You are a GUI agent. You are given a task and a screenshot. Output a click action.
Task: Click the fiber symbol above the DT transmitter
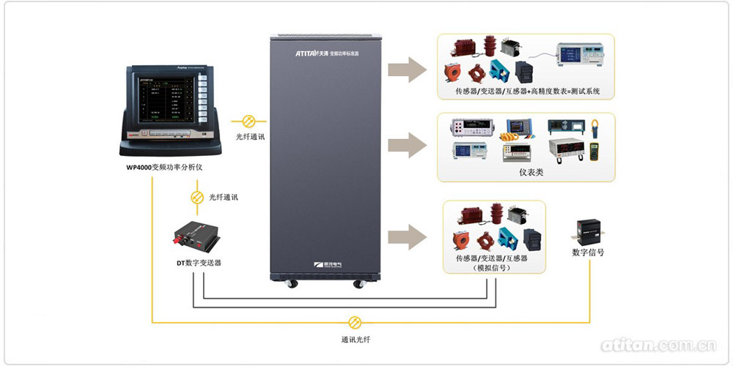(196, 198)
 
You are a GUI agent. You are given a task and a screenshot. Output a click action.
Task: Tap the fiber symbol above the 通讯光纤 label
(355, 322)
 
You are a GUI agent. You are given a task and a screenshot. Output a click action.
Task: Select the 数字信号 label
(588, 253)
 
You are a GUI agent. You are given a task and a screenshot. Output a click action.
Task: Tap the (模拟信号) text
(492, 269)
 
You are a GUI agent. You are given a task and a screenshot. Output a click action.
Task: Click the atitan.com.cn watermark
(658, 345)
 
